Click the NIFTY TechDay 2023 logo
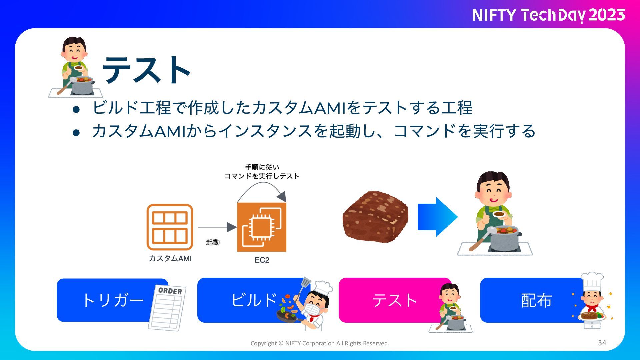[x=548, y=15]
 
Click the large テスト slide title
[x=147, y=70]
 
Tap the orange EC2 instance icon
[x=262, y=227]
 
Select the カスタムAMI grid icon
[x=170, y=227]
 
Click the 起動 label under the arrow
[x=213, y=242]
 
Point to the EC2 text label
[x=262, y=260]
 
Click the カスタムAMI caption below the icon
[x=170, y=258]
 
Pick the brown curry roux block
[x=375, y=217]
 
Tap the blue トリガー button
[x=107, y=300]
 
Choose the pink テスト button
[x=390, y=300]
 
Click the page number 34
[x=602, y=343]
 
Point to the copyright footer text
[x=320, y=343]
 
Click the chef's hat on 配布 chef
[x=592, y=281]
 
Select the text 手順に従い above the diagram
[x=262, y=167]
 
